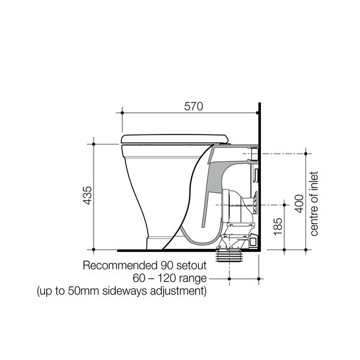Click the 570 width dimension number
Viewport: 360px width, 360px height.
click(194, 106)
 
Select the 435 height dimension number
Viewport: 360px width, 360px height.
click(87, 196)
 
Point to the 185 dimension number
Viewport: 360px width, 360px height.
click(278, 226)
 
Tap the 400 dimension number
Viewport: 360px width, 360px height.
click(299, 203)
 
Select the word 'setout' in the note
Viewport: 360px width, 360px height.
click(191, 266)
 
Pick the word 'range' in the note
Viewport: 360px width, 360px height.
click(193, 279)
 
